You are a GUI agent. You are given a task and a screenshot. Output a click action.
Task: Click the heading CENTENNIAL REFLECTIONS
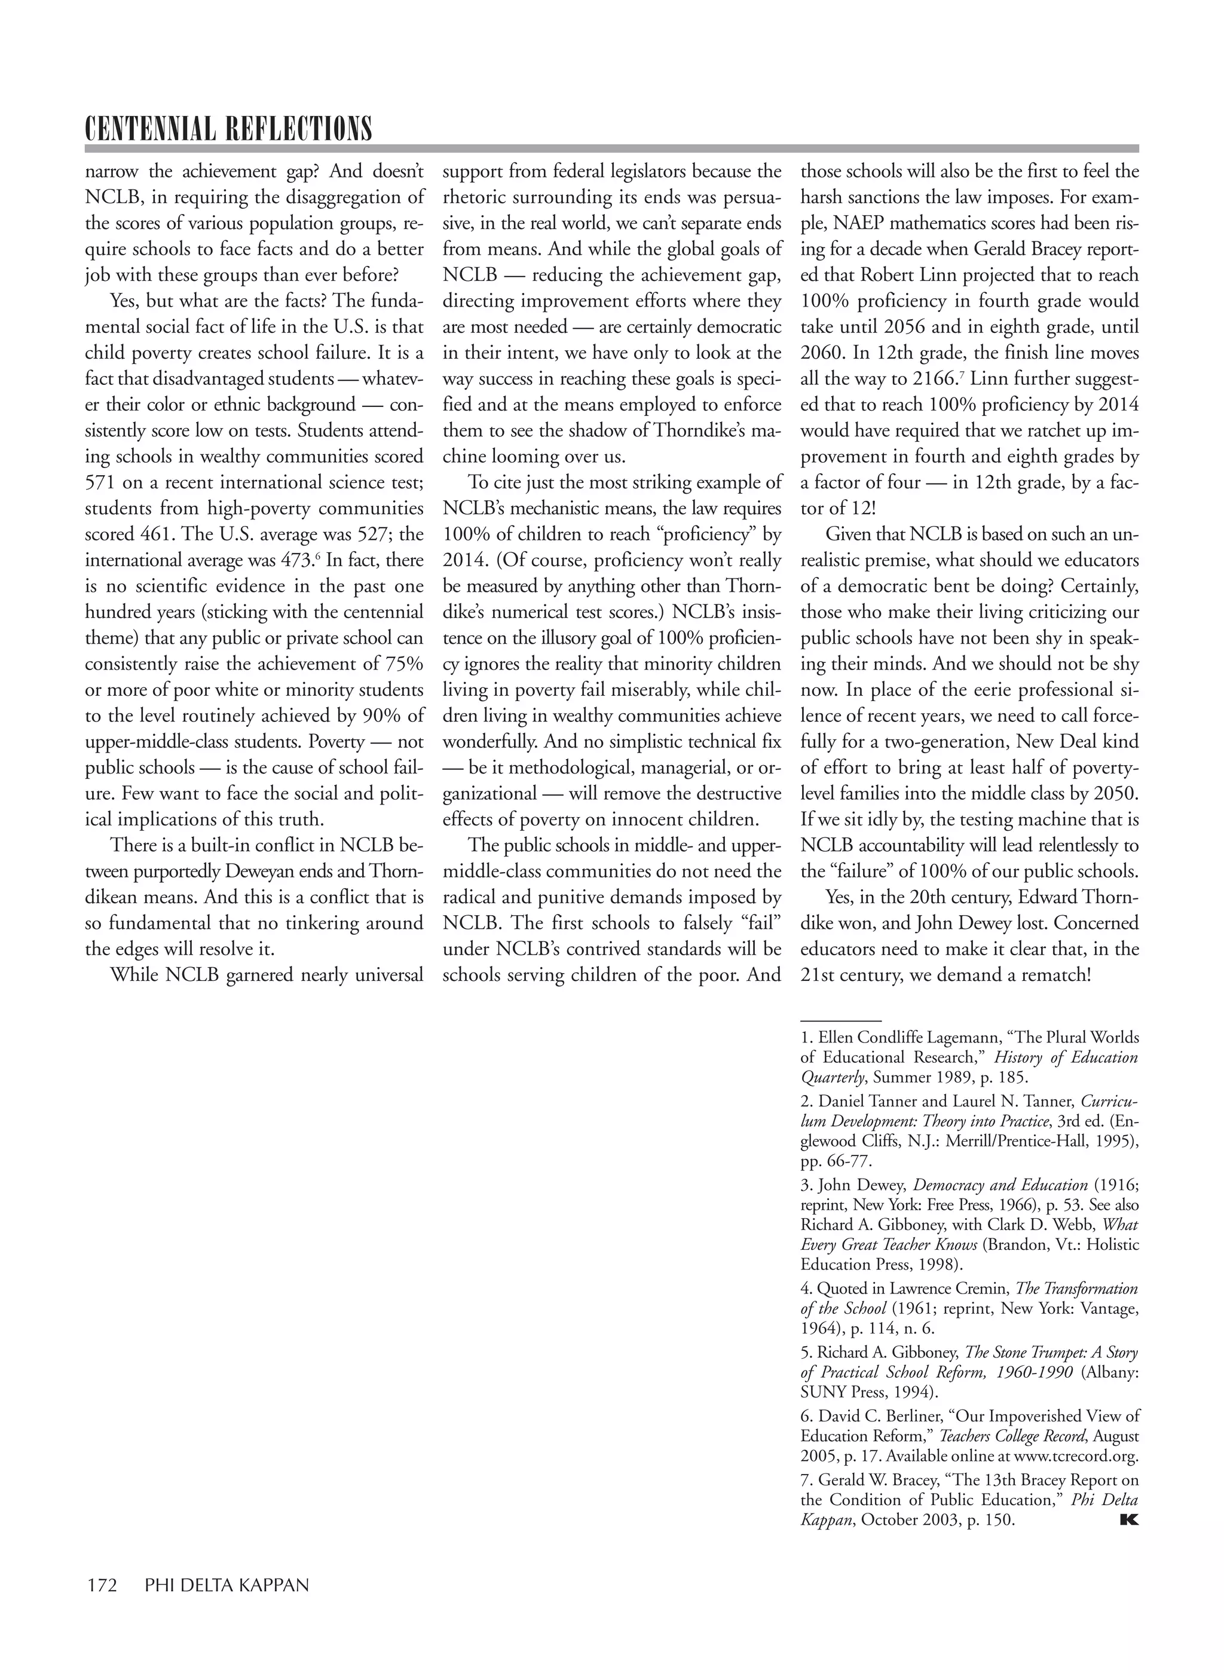228,129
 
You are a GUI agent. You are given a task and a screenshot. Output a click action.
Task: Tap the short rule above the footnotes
840,1020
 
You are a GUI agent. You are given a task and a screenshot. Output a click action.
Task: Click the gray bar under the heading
611,148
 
